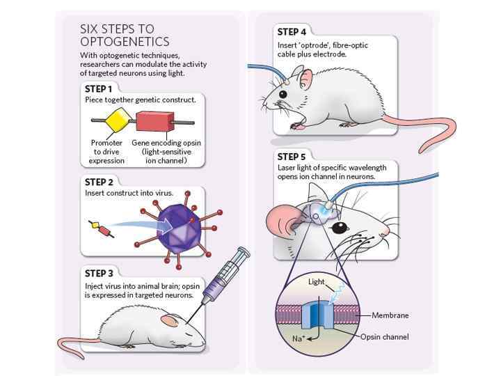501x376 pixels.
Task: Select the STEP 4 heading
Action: [292, 32]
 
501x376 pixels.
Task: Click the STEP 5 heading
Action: [292, 156]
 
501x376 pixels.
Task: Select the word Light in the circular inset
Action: [317, 282]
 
